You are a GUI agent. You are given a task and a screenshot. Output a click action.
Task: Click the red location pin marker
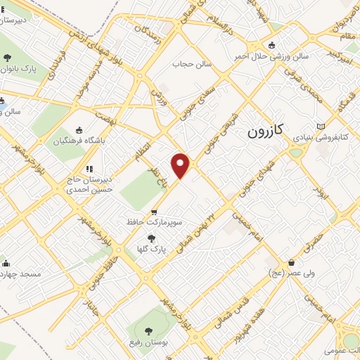[x=181, y=165]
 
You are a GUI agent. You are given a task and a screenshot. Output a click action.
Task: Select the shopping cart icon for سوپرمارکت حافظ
[x=154, y=212]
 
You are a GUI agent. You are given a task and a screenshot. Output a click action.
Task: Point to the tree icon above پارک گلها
[x=151, y=238]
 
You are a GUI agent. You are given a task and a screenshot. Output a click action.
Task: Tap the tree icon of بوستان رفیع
[x=148, y=330]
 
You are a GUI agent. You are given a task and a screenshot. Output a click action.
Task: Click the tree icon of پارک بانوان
[x=8, y=58]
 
